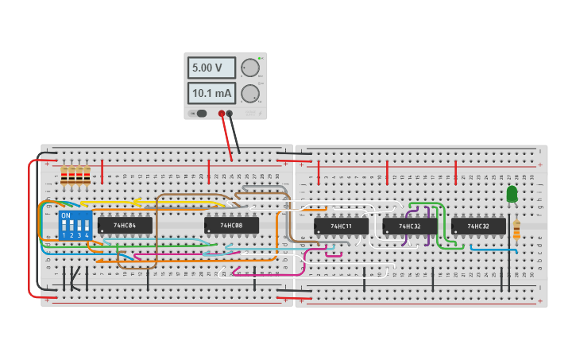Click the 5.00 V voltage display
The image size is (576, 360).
pyautogui.click(x=211, y=68)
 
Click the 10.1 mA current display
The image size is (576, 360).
pyautogui.click(x=211, y=94)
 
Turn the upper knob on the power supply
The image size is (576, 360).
pyautogui.click(x=250, y=68)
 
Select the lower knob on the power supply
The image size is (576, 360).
pyautogui.click(x=250, y=94)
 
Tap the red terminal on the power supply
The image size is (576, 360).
pyautogui.click(x=222, y=114)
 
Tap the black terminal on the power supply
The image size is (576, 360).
pyautogui.click(x=230, y=114)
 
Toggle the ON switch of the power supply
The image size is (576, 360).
pyautogui.click(x=201, y=114)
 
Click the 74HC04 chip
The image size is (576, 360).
pyautogui.click(x=125, y=226)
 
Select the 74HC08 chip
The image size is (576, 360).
pyautogui.click(x=231, y=226)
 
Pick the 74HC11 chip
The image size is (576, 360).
pyautogui.click(x=341, y=226)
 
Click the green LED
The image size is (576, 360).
pyautogui.click(x=512, y=193)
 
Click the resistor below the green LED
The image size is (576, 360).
pyautogui.click(x=516, y=230)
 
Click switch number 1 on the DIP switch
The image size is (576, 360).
pyautogui.click(x=64, y=227)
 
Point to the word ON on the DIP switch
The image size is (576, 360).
pyautogui.click(x=66, y=215)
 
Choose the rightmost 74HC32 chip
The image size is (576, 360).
pyautogui.click(x=478, y=226)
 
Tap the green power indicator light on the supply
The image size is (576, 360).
pyautogui.click(x=260, y=59)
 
